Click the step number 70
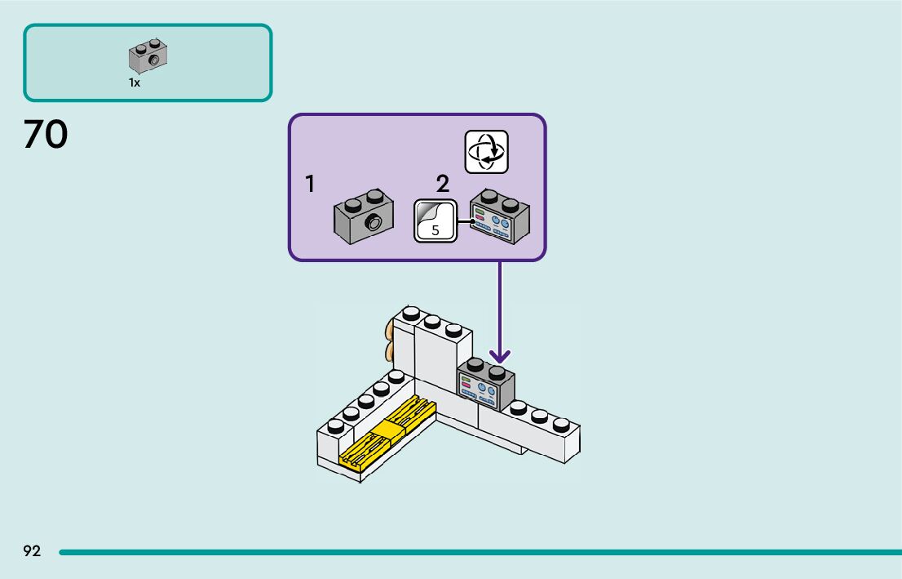[x=46, y=135]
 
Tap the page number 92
[x=32, y=551]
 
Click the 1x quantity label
[x=134, y=82]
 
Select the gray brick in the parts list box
[x=148, y=56]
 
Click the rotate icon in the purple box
[x=486, y=152]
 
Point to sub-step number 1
[x=310, y=185]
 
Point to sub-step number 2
[x=443, y=184]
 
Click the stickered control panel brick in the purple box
[x=500, y=217]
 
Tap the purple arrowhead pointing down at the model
[x=500, y=356]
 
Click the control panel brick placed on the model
[x=487, y=386]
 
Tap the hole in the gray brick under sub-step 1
[x=374, y=223]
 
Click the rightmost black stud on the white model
[x=561, y=425]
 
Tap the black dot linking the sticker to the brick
[x=472, y=220]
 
